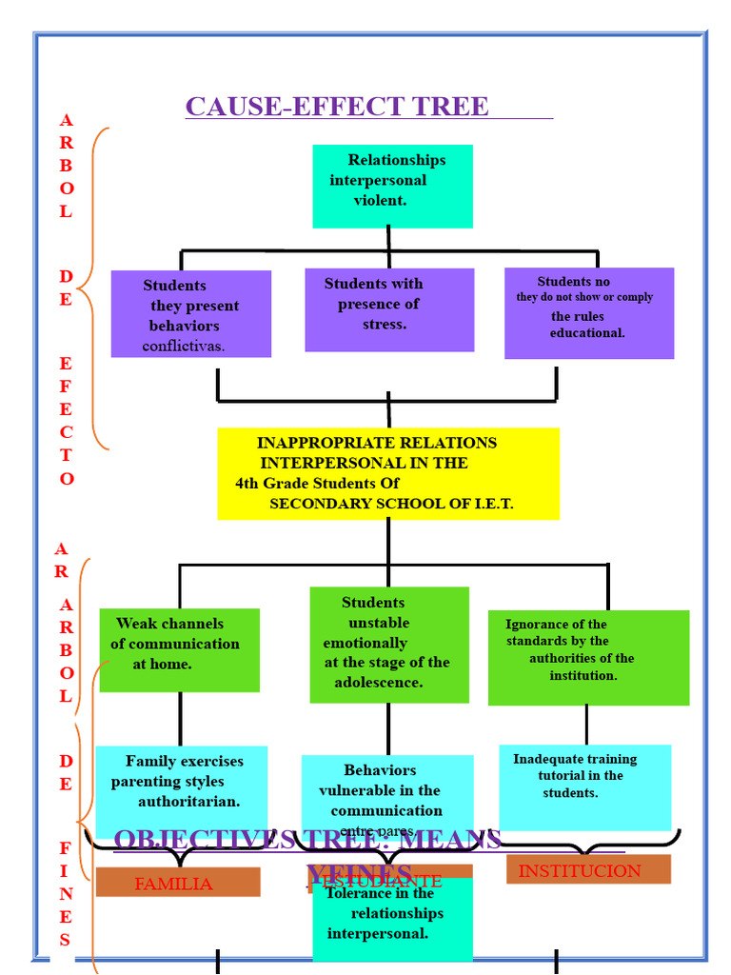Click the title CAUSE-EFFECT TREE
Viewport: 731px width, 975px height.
337,106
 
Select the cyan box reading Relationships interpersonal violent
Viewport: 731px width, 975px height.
392,186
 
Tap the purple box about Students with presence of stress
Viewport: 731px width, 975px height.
389,309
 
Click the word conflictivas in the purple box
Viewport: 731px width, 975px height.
184,346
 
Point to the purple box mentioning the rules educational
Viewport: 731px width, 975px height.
588,313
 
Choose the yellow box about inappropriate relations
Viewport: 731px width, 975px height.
388,473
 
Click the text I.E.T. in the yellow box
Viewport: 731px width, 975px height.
493,504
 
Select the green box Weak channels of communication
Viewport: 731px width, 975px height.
179,649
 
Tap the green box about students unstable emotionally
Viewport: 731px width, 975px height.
389,644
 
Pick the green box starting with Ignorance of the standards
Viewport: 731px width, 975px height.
588,657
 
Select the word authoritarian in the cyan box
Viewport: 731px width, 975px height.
188,802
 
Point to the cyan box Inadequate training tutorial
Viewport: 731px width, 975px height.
584,786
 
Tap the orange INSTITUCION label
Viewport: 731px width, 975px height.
580,870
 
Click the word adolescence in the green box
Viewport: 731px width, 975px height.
379,683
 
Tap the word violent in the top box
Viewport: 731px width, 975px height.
381,201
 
